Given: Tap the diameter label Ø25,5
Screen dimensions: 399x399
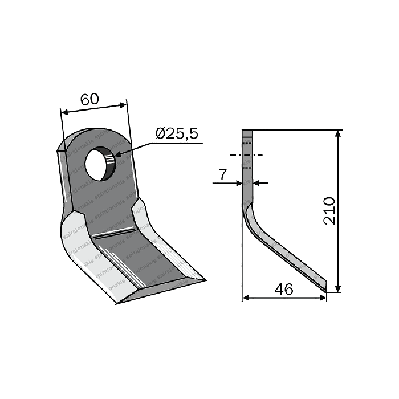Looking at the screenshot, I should (x=177, y=134).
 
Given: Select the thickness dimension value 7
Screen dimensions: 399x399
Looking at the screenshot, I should (x=222, y=175).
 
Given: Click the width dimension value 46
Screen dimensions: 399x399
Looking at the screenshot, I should (x=284, y=290).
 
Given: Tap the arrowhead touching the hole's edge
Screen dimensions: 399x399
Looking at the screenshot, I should (x=117, y=155).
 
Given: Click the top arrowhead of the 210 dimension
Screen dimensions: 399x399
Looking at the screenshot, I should (x=338, y=133).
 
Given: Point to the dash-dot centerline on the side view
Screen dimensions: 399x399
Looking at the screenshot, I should (x=246, y=155).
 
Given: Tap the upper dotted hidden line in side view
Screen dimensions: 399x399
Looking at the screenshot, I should (x=247, y=142).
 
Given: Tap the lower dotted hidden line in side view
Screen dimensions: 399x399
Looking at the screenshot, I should (x=247, y=168).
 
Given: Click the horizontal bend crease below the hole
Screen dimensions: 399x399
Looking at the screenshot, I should (x=114, y=233).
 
